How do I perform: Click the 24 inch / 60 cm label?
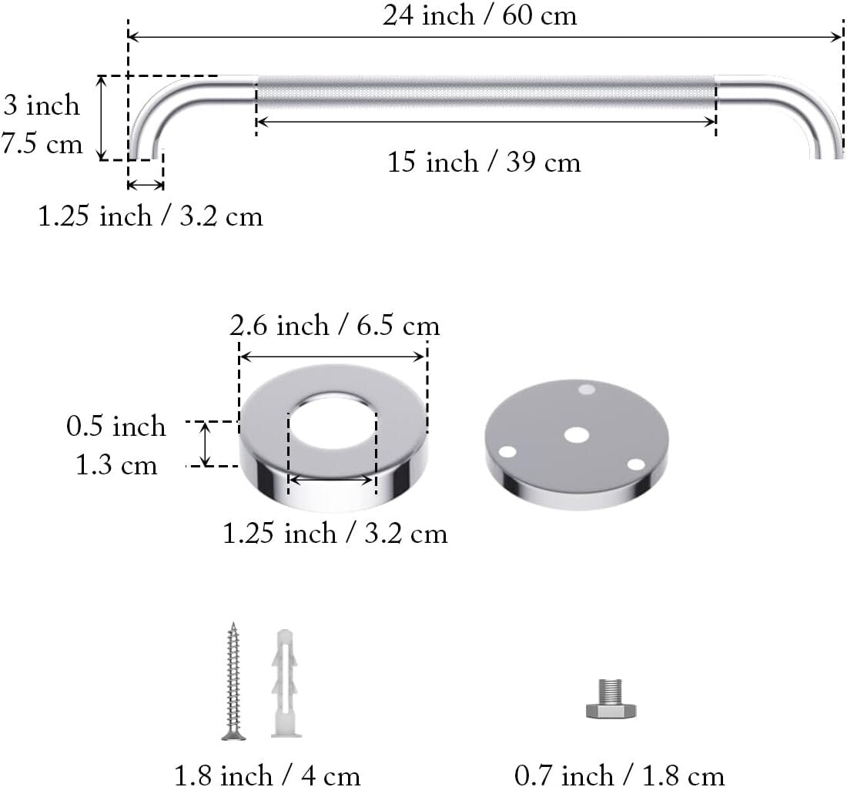[x=480, y=16]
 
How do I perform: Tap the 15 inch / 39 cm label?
[x=484, y=162]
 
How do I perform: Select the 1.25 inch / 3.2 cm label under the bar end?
[x=151, y=216]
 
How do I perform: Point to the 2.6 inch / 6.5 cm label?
[x=335, y=327]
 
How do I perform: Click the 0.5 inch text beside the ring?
[x=116, y=426]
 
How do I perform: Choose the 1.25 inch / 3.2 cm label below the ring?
[x=335, y=533]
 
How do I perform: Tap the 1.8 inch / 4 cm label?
[x=267, y=773]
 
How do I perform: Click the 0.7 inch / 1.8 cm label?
[x=620, y=773]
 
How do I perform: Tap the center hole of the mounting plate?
[x=576, y=435]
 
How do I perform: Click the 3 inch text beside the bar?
[x=42, y=105]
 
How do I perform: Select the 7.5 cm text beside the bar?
[x=42, y=144]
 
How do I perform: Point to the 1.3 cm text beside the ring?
[x=116, y=465]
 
